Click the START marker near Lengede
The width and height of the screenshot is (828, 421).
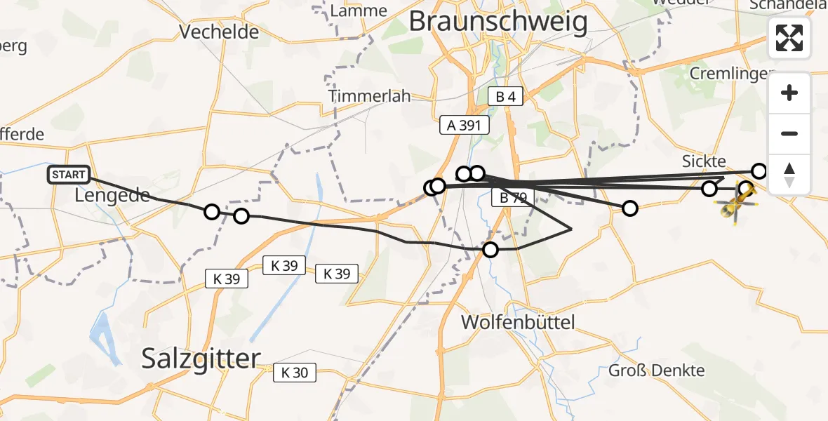(x=69, y=175)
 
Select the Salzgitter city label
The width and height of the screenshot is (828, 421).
(x=201, y=359)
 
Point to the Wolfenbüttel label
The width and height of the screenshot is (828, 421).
(x=518, y=323)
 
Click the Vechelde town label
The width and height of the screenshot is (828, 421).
(x=219, y=32)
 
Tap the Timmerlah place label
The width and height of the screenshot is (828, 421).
(x=370, y=97)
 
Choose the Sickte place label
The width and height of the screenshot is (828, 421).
(x=704, y=161)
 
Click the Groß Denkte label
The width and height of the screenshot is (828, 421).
(x=657, y=370)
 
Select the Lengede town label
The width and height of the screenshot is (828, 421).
(x=112, y=196)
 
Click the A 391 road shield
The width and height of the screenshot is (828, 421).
(x=464, y=125)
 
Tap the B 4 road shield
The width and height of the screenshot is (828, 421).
(x=505, y=97)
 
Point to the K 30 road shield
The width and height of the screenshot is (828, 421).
(x=295, y=373)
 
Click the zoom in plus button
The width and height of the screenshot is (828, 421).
(x=789, y=93)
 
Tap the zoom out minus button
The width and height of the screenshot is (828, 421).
(x=789, y=133)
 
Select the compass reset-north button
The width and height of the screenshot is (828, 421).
(x=789, y=174)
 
